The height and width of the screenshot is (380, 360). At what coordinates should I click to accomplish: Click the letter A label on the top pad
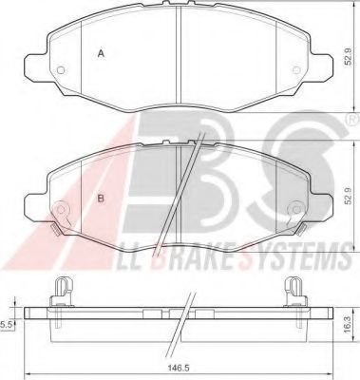coord(102,55)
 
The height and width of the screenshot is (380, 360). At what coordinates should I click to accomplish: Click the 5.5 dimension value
coord(7,324)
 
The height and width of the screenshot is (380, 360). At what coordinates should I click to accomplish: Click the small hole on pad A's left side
coord(60,73)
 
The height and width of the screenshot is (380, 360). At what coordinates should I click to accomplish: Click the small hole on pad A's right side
coord(299,73)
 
